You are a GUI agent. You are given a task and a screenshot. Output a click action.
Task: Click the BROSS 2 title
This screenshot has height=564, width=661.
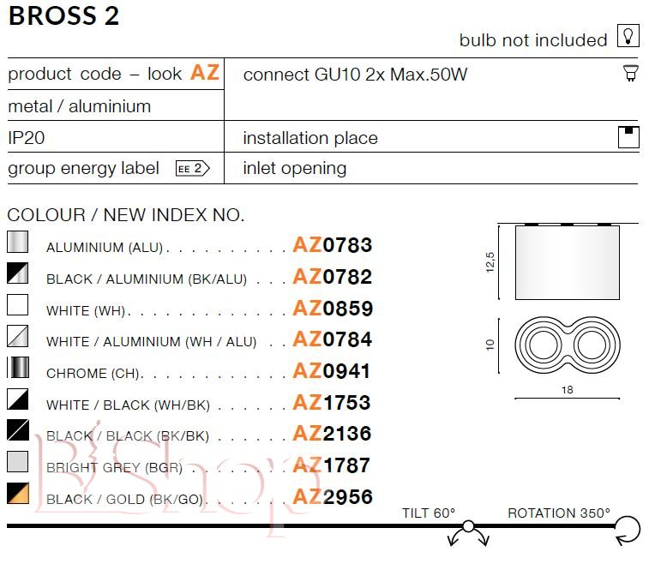pos(63,16)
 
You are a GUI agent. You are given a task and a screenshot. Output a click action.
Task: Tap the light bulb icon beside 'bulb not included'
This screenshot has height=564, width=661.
pos(628,36)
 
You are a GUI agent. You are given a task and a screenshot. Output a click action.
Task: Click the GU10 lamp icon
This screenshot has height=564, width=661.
pos(631,73)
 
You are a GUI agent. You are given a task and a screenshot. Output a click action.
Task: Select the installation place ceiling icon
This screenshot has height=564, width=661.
pos(628,137)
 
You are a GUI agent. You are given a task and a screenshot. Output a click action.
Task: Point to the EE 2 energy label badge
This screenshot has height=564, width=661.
pos(192,169)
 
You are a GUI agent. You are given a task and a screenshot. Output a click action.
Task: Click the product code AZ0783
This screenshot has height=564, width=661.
pos(333,245)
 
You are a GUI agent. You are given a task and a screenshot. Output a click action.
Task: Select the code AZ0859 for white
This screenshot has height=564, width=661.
pos(333,308)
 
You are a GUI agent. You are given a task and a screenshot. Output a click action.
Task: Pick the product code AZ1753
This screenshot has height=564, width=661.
pos(332,403)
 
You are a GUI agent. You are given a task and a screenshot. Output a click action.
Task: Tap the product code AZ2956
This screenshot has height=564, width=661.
pos(333,497)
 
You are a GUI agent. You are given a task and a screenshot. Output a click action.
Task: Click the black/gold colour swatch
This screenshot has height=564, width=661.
pos(18,493)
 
